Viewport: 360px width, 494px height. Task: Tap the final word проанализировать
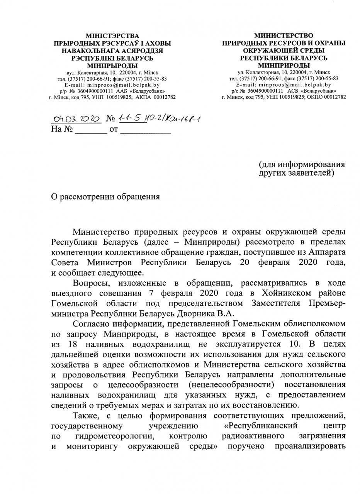tap(310, 447)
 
